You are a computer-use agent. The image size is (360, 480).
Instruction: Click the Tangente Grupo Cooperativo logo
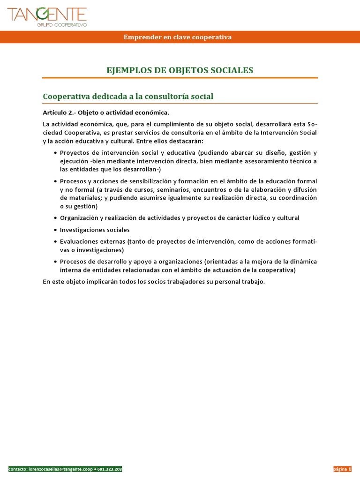click(x=47, y=16)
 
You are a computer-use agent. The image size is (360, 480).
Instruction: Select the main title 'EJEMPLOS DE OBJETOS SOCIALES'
click(x=180, y=70)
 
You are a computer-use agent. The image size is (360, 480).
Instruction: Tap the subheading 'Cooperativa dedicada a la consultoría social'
click(x=128, y=96)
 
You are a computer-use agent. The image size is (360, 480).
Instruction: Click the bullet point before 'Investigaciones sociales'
click(x=56, y=230)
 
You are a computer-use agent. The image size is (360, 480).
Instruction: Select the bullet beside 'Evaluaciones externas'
click(x=56, y=242)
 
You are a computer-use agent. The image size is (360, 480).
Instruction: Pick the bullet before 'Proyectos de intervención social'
click(x=56, y=153)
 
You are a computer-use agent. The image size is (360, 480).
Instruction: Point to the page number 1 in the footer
click(x=350, y=469)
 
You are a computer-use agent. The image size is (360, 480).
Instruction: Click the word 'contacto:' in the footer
click(x=18, y=469)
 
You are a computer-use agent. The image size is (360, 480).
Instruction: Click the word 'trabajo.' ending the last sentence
click(x=253, y=282)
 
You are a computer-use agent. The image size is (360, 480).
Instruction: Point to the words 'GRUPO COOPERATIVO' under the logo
click(x=63, y=24)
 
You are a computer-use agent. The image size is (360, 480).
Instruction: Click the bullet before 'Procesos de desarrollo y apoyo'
click(x=56, y=262)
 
